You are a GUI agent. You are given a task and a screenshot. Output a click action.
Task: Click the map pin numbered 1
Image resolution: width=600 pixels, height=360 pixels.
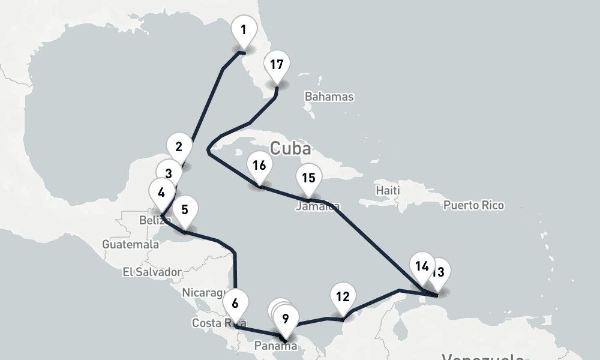(244, 31)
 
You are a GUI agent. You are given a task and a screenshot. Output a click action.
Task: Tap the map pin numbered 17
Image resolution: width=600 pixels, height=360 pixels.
(277, 65)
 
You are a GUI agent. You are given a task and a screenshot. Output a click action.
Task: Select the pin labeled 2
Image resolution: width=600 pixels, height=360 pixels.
(179, 146)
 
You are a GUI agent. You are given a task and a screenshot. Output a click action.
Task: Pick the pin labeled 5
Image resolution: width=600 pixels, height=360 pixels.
(185, 210)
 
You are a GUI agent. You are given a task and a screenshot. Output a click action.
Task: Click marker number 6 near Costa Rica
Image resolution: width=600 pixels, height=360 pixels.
(235, 303)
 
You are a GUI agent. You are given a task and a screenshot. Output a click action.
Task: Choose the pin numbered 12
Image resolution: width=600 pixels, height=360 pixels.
(343, 296)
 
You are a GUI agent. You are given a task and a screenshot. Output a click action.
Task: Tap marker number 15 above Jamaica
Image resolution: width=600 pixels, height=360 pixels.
(309, 178)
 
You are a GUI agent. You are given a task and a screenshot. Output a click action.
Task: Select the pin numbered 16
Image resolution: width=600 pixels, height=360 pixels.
(259, 165)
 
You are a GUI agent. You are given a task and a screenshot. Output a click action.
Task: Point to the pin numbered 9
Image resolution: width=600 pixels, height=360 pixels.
(286, 319)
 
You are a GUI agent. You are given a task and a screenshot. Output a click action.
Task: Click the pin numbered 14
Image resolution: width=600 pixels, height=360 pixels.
(422, 266)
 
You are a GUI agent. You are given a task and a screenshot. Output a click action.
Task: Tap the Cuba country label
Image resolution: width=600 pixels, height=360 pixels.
(290, 148)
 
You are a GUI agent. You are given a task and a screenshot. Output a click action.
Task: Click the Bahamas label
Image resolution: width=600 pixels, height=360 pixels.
(329, 97)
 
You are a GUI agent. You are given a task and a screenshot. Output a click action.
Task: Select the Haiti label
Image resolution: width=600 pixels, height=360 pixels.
(388, 190)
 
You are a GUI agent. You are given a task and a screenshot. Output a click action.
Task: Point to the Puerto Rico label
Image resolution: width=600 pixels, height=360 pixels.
(473, 205)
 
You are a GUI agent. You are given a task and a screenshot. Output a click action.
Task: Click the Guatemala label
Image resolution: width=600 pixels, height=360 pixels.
(130, 245)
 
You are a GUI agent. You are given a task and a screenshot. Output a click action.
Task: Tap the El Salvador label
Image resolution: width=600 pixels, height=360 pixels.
(152, 272)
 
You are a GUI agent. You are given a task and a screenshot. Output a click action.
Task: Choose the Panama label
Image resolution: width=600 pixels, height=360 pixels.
(275, 346)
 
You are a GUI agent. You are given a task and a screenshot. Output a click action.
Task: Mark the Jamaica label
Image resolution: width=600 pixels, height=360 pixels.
(317, 207)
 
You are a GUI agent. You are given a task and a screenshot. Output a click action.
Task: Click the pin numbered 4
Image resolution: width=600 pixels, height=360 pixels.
(161, 193)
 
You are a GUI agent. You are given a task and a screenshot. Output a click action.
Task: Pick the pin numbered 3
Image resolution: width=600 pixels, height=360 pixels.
(169, 173)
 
